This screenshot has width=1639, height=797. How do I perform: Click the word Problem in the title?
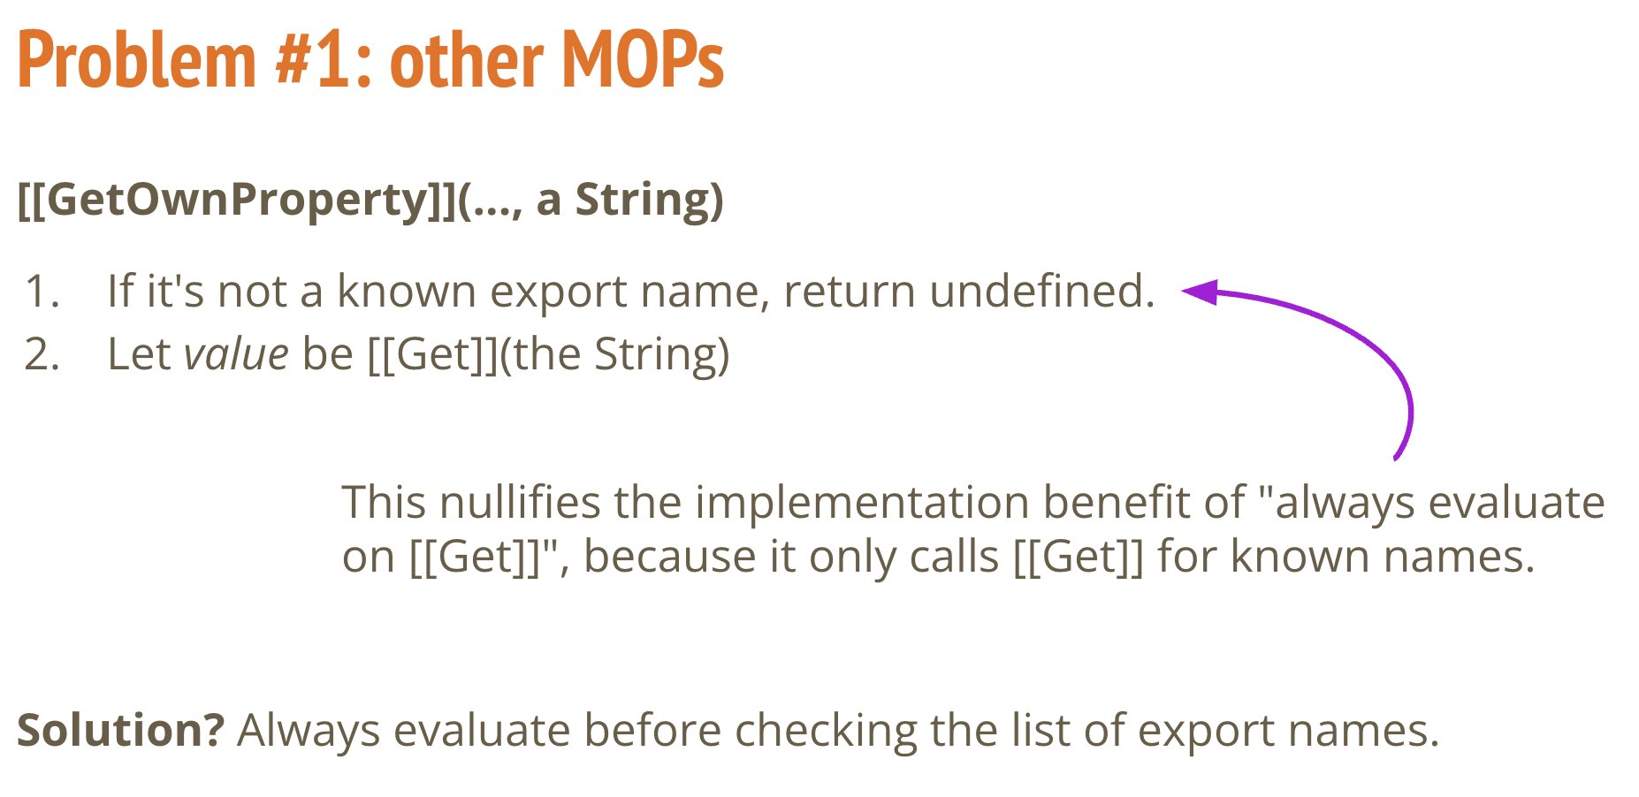click(137, 61)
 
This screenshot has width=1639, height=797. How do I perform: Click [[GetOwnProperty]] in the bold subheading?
click(238, 201)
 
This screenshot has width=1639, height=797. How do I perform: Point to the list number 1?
click(42, 292)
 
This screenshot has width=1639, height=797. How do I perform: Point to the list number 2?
click(42, 354)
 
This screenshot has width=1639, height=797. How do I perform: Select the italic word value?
click(236, 354)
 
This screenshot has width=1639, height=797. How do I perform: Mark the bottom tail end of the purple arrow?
click(1395, 458)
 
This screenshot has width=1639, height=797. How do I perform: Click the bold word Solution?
click(121, 731)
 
